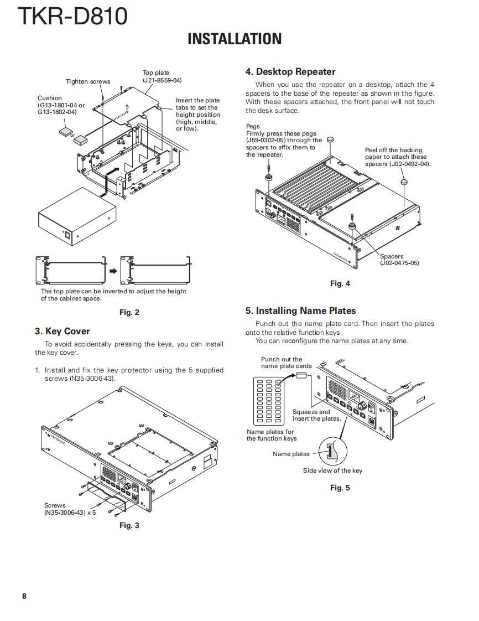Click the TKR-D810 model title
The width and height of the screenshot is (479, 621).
point(72,17)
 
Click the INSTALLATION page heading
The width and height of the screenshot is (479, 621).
point(235,39)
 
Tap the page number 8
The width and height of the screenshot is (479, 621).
point(24,596)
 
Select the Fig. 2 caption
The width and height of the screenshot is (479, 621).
point(129,312)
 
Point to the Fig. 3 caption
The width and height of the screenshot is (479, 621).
point(129,525)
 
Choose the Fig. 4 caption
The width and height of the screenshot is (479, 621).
point(340,283)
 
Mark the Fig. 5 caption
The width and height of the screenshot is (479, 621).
point(340,488)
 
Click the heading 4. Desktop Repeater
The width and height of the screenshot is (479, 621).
point(290,71)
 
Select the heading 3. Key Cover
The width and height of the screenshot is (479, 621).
point(62,331)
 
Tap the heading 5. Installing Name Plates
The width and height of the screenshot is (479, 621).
point(300,310)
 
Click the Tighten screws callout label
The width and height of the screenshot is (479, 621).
point(88,81)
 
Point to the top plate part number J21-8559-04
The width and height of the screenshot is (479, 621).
point(162,80)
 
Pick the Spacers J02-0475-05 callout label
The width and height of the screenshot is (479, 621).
point(399,260)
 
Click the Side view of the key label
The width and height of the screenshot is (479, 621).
point(332,470)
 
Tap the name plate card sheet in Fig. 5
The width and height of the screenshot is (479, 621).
point(267,400)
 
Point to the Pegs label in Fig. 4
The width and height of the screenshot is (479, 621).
point(253,126)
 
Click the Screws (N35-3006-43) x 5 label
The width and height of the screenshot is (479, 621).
point(70,509)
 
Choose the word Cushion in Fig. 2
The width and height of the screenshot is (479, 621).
point(50,98)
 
